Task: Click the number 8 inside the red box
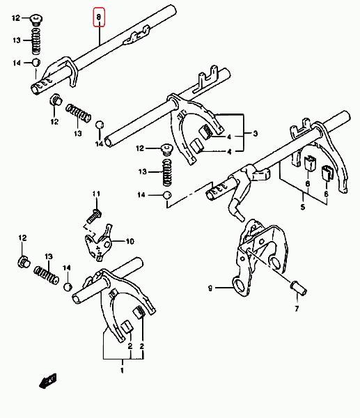(99, 17)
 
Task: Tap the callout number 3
(256, 134)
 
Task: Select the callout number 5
(303, 207)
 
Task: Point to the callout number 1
(122, 371)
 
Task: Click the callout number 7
(297, 309)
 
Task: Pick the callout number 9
(210, 288)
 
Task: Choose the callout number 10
(130, 242)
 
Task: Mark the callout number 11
(96, 194)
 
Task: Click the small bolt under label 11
(94, 216)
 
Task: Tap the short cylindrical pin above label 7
(299, 288)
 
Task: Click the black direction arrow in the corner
(48, 380)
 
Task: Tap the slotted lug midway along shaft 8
(136, 36)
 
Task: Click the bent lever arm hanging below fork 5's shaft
(238, 192)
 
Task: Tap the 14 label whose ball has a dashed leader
(141, 195)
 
